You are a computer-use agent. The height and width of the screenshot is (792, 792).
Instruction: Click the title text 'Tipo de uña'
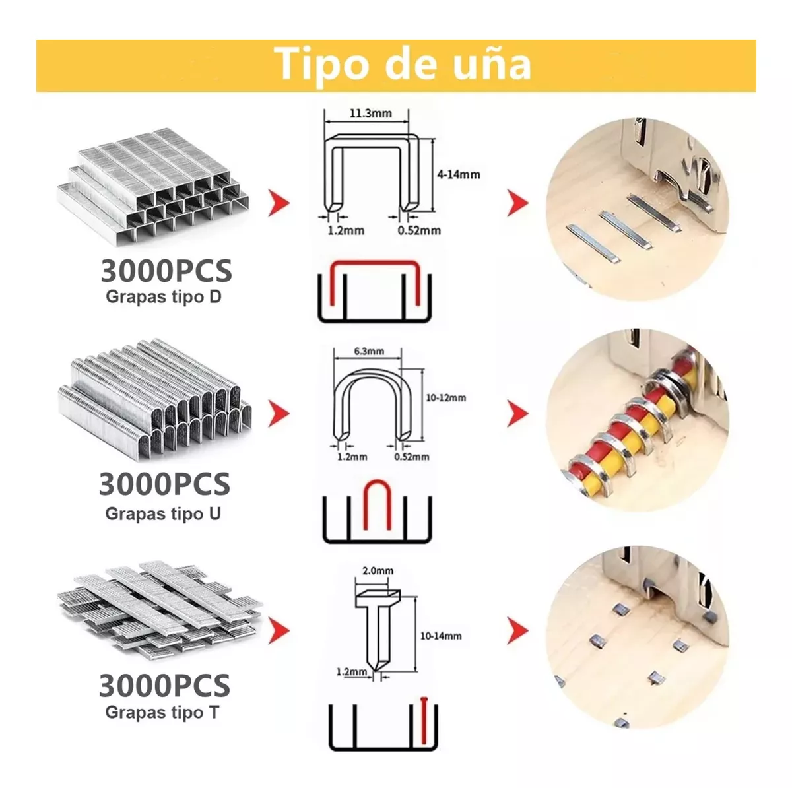pos(402,64)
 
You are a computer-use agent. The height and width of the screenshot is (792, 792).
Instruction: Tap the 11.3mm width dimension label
pos(370,113)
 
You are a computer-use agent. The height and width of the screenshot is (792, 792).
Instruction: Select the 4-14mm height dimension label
pos(458,175)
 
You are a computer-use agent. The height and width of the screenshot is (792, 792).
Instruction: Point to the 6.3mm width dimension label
pos(369,351)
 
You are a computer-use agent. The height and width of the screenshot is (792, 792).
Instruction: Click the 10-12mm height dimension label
pos(445,397)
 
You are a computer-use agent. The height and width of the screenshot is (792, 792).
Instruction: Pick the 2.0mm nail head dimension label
pos(378,571)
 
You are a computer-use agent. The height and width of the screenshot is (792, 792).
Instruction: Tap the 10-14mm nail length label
pos(440,636)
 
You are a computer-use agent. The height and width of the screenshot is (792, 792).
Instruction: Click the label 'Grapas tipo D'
pos(163,297)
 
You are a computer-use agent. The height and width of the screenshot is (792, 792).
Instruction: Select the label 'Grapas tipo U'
pos(163,513)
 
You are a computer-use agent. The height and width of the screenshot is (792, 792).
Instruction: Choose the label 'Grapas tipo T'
pos(162,713)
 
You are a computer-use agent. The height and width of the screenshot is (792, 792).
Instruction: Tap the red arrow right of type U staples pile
pos(279,414)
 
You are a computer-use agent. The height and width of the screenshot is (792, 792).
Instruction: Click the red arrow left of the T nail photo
pos(517,631)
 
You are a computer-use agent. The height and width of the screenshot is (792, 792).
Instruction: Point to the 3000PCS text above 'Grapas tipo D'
pos(166,271)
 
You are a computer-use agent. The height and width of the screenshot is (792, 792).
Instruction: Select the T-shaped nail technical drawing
pos(376,627)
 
